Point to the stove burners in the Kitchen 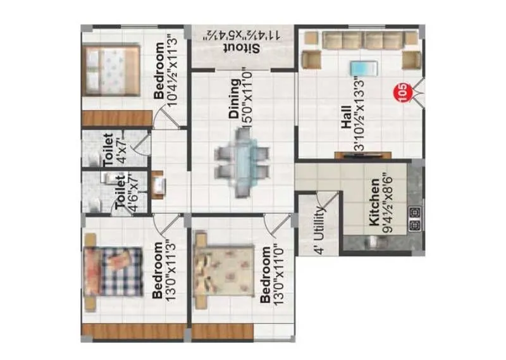416,218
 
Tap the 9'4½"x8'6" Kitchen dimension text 385,204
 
